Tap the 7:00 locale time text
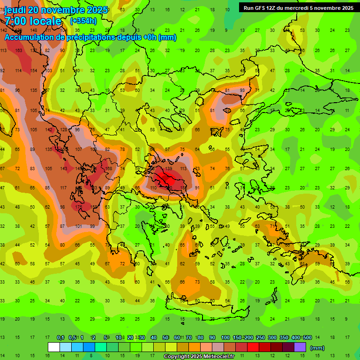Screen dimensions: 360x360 tap(33, 21)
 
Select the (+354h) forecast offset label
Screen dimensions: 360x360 tap(84, 21)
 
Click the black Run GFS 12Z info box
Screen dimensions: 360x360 tap(298, 7)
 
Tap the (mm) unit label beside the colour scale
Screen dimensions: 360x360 tap(317, 348)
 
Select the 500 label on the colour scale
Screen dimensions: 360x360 tap(307, 337)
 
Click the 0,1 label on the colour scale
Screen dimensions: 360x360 tap(60, 337)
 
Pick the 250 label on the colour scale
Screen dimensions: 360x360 tap(261, 337)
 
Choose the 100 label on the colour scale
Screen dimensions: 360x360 tap(225, 337)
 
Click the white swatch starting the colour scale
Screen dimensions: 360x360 tap(53, 347)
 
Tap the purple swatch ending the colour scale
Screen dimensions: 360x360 tap(300, 347)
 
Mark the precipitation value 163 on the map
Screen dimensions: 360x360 tap(18, 50)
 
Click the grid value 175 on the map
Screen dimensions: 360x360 tap(79, 207)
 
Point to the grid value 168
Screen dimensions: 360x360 tap(109, 168)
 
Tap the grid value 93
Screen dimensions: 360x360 tap(242, 90)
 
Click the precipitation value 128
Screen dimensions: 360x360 tap(64, 129)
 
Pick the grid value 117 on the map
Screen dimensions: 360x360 tap(63, 187)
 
